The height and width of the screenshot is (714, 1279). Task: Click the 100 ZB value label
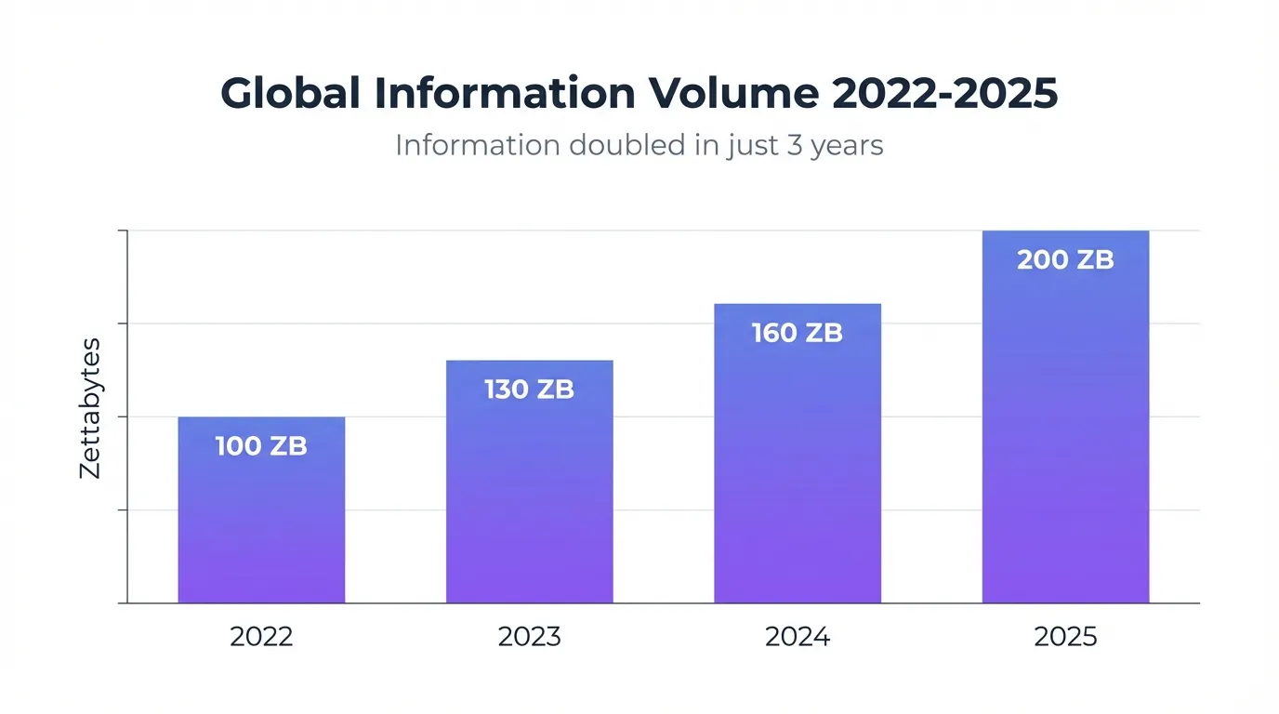(261, 446)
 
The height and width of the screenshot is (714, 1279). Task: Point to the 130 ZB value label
(529, 390)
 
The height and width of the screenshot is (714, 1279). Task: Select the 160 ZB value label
(797, 333)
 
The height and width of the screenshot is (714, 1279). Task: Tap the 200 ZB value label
(1065, 260)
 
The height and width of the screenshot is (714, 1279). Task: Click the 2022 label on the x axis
(261, 637)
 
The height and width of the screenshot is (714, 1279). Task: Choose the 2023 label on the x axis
(529, 637)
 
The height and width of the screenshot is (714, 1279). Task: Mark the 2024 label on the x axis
(797, 637)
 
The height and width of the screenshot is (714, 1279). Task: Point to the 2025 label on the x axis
(1065, 637)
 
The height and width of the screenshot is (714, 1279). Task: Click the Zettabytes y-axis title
(90, 409)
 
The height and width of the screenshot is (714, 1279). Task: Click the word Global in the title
(290, 94)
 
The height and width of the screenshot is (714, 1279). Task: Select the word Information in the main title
(506, 94)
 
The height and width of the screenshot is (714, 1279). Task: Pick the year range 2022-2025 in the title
(944, 94)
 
